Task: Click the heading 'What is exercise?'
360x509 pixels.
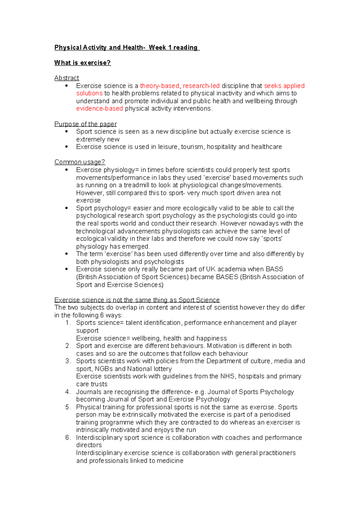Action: click(82, 63)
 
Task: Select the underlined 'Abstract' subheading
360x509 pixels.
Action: click(67, 78)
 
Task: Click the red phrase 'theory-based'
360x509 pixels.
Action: click(159, 86)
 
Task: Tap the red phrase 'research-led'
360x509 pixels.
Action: click(201, 86)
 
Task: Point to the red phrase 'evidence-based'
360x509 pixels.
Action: click(99, 109)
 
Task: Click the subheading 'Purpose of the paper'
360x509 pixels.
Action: click(85, 124)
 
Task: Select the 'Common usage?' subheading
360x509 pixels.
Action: click(79, 162)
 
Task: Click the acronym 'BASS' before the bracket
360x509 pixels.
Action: click(274, 269)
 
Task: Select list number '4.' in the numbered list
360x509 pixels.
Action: click(68, 392)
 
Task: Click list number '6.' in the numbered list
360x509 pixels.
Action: click(68, 438)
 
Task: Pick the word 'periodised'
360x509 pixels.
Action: click(275, 415)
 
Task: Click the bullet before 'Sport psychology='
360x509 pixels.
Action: click(67, 208)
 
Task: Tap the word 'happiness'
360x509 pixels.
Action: click(213, 338)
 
